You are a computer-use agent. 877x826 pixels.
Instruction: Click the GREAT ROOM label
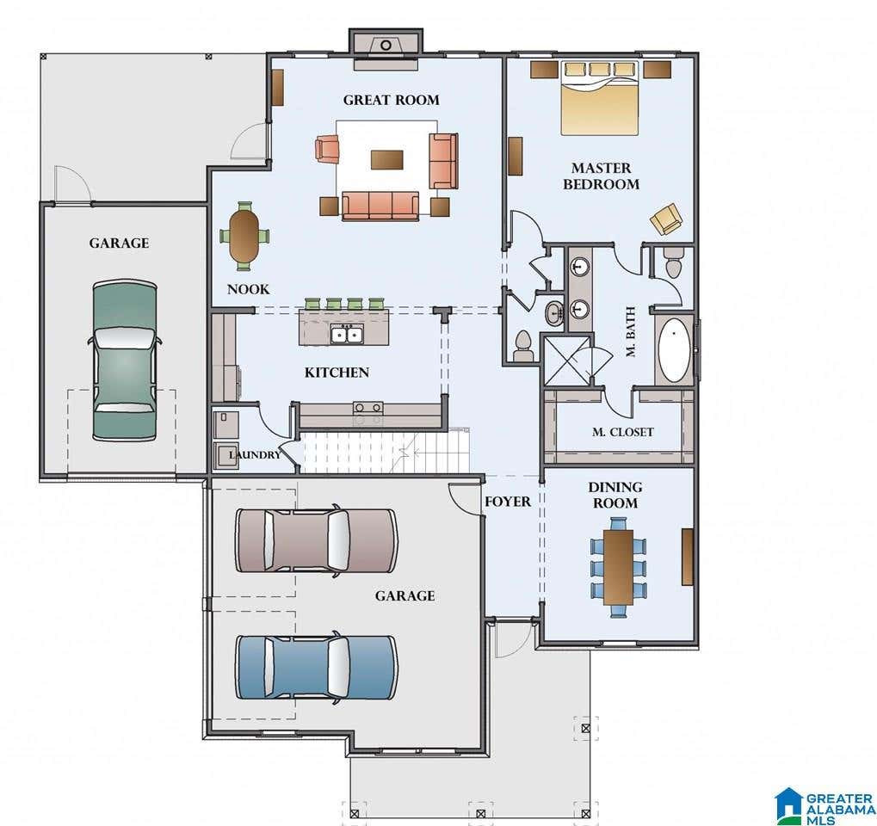[391, 100]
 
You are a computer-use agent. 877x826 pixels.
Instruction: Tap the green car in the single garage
[124, 361]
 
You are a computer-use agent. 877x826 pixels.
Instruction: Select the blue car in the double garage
[317, 667]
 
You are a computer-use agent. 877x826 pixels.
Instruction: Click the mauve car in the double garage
[317, 540]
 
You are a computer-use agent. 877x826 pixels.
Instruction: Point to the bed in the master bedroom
[600, 98]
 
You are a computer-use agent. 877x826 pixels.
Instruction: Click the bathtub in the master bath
[674, 350]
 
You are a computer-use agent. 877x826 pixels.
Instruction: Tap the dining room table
[618, 567]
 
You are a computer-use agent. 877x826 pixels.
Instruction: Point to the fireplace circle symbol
[386, 45]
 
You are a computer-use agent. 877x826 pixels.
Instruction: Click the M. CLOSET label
[622, 432]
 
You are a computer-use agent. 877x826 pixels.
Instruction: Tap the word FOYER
[507, 502]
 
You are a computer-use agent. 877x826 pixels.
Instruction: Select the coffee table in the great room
[387, 159]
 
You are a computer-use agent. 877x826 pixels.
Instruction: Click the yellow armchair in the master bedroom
[666, 219]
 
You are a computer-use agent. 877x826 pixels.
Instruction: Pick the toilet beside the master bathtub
[673, 262]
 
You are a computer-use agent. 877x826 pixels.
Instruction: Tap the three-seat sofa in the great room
[380, 206]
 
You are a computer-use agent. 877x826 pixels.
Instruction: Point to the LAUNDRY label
[255, 454]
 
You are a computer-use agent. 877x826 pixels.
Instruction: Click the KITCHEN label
[337, 373]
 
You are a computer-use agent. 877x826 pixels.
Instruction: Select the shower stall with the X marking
[566, 361]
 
